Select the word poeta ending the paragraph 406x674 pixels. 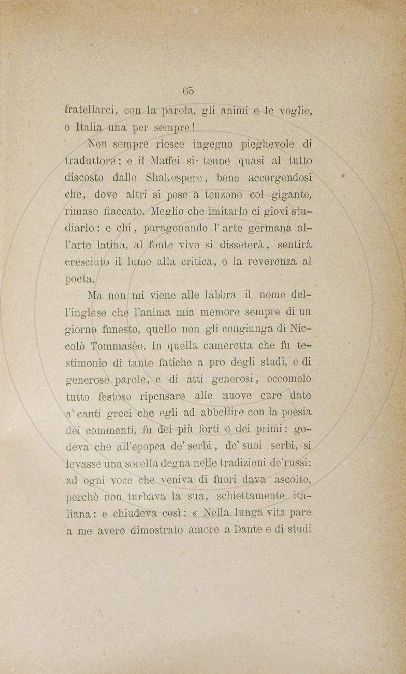tap(79, 279)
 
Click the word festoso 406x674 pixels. tap(116, 396)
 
